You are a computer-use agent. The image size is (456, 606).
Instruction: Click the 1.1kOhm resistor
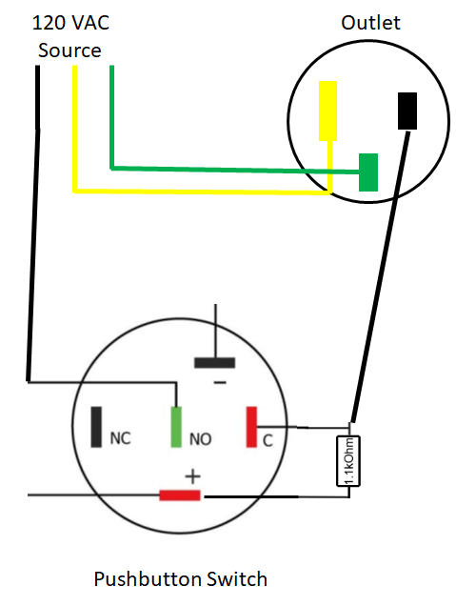click(348, 460)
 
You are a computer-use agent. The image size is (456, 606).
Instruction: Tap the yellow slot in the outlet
click(327, 111)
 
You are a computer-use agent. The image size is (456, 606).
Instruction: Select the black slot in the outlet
click(407, 111)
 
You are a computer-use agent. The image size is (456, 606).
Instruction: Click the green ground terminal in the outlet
click(368, 172)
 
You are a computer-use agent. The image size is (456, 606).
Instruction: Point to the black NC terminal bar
click(96, 427)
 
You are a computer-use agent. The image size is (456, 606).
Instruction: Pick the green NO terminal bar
click(176, 427)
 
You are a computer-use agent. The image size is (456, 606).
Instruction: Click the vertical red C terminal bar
click(251, 427)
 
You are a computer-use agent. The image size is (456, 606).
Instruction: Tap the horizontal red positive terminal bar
click(180, 495)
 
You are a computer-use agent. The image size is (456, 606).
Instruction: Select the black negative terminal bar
click(215, 363)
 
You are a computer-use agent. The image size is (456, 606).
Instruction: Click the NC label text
click(121, 438)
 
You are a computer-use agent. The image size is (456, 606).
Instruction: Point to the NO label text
click(201, 439)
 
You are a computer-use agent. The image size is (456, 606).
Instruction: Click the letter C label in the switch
click(268, 440)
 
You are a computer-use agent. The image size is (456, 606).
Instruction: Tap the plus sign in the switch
click(192, 476)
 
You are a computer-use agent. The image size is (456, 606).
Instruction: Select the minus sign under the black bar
click(220, 383)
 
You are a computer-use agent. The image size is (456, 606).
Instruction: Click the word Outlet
click(370, 23)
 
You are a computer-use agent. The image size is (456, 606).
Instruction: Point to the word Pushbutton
click(148, 579)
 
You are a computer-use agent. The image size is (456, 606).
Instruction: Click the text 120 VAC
click(71, 23)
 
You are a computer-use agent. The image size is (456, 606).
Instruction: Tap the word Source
click(69, 50)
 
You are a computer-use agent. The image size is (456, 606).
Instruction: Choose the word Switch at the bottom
click(237, 579)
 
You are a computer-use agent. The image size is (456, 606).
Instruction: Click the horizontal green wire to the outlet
click(235, 170)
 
